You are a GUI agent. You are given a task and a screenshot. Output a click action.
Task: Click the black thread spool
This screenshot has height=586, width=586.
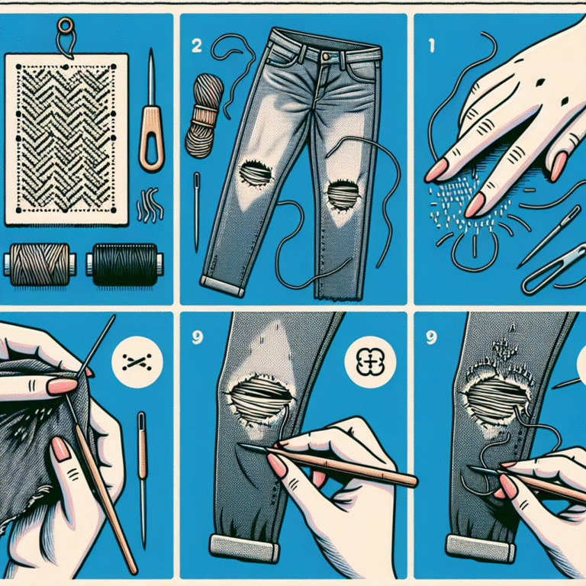pyautogui.click(x=124, y=264)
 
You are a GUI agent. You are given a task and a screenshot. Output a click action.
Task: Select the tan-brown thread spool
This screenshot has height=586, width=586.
pyautogui.click(x=40, y=264)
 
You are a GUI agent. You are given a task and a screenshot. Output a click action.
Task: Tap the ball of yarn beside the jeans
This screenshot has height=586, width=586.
pyautogui.click(x=204, y=115)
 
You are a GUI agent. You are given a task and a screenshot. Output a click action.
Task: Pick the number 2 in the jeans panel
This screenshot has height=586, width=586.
pyautogui.click(x=197, y=46)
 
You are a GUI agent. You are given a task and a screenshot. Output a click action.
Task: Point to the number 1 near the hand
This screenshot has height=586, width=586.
pyautogui.click(x=432, y=46)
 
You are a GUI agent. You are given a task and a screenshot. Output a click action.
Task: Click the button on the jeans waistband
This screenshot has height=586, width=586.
pyautogui.click(x=326, y=56)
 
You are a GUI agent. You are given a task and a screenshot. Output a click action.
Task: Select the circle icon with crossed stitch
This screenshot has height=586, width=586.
pyautogui.click(x=137, y=362)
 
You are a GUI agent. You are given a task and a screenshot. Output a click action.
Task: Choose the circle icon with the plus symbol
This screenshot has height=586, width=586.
pyautogui.click(x=370, y=362)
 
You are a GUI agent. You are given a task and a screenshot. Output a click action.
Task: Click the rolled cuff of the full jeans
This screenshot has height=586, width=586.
pyautogui.click(x=222, y=285)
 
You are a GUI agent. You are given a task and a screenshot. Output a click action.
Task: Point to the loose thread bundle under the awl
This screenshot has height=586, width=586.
pyautogui.click(x=150, y=206)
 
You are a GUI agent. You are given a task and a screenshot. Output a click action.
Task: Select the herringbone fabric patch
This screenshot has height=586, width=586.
pyautogui.click(x=66, y=139)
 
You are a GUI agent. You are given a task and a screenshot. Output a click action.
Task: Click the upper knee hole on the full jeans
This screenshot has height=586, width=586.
pyautogui.click(x=256, y=172)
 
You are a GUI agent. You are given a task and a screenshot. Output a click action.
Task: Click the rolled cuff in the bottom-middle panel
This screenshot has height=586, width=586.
pyautogui.click(x=245, y=549)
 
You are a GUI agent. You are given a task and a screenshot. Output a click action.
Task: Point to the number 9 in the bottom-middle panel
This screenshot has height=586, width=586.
pyautogui.click(x=198, y=337)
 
